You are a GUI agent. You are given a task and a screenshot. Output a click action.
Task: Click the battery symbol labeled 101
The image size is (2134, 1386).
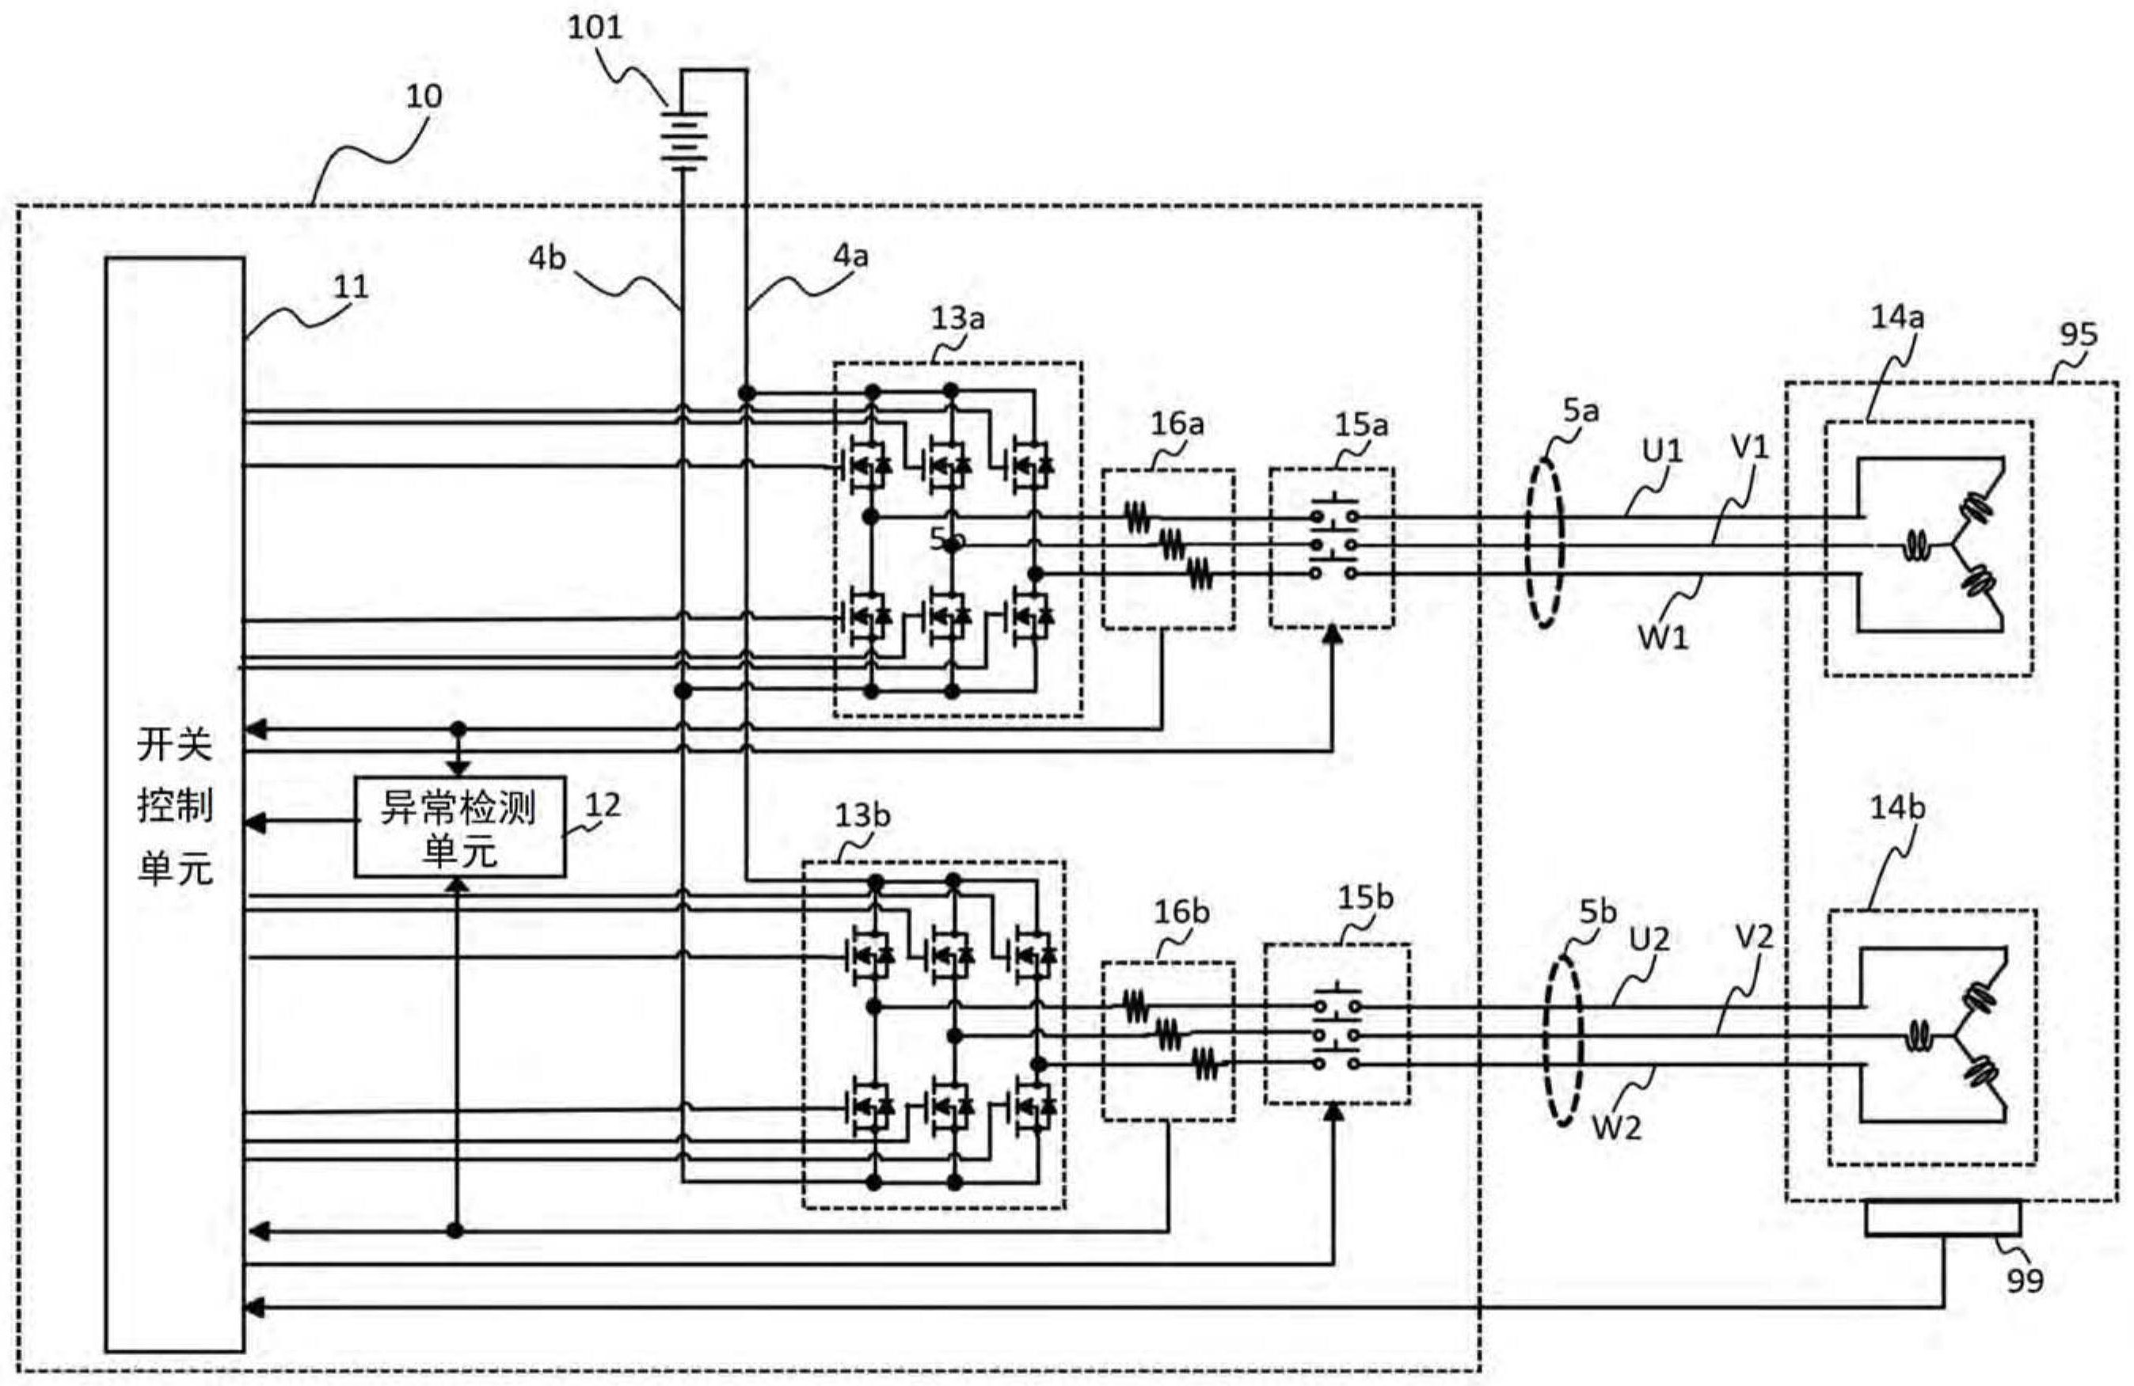684,139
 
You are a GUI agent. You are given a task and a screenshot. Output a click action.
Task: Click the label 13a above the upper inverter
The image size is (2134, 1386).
957,318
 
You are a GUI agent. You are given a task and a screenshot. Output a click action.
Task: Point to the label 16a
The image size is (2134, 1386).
1177,423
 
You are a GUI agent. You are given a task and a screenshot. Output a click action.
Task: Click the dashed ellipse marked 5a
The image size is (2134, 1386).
1545,542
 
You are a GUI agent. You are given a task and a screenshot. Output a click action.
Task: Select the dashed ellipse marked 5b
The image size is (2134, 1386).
1564,1040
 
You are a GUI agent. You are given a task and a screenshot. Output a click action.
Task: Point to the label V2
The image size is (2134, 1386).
1754,938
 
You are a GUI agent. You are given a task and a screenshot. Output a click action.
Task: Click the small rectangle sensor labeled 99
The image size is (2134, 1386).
1942,1218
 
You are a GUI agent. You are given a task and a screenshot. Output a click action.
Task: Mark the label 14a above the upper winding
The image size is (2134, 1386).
1896,317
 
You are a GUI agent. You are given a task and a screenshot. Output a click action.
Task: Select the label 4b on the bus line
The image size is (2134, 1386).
547,258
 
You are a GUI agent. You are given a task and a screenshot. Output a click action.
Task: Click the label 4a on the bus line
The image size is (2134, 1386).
850,256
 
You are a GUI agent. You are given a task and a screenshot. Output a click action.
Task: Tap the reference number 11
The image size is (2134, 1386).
351,287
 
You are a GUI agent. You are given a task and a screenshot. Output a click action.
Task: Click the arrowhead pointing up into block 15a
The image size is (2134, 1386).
1333,634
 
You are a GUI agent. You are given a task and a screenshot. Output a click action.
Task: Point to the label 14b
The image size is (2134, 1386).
1896,807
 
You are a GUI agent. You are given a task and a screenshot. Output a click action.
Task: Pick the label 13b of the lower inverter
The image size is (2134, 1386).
862,816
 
